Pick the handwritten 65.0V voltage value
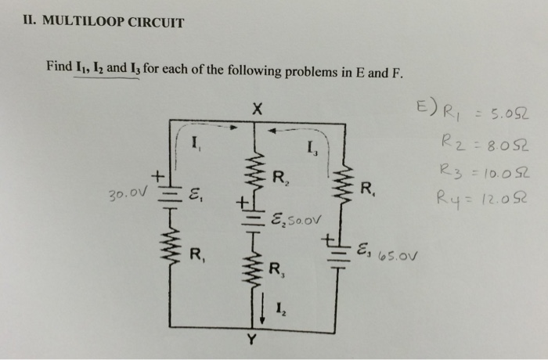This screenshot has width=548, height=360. click(x=399, y=254)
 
